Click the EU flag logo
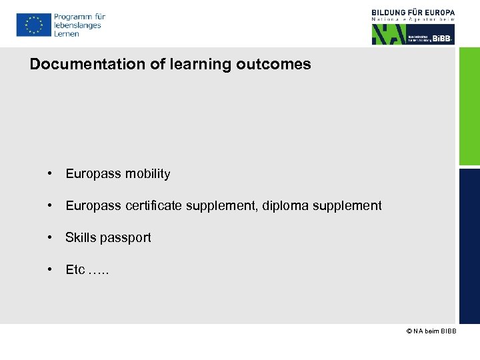point(33,25)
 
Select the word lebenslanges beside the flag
point(77,25)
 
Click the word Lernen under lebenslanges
point(67,34)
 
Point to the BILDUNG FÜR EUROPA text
point(413,12)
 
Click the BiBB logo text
point(442,39)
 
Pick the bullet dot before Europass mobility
point(50,173)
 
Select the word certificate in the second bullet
point(154,206)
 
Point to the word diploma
point(285,206)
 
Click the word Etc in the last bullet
point(75,270)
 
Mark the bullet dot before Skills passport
point(50,237)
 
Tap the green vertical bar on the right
point(469,107)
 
